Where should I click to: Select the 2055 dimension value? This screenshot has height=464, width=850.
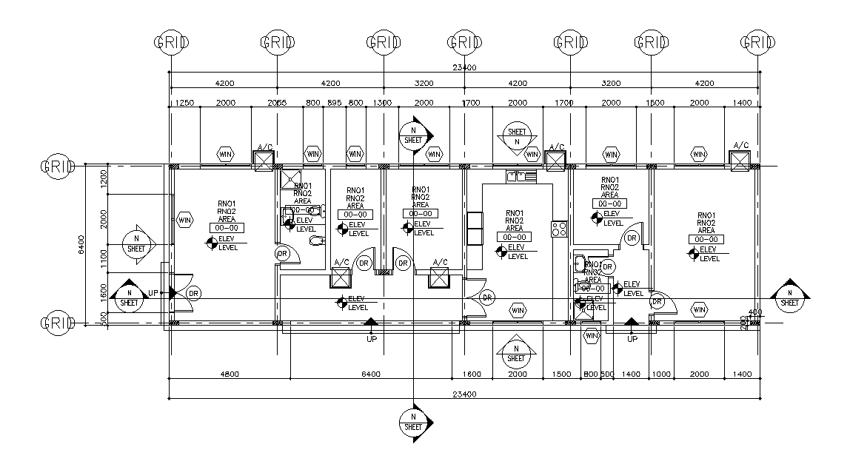point(276,103)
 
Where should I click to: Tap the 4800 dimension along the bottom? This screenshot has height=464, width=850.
point(230,374)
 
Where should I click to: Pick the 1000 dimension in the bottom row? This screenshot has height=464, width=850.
point(661,374)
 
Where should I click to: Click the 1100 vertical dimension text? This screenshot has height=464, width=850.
point(104,258)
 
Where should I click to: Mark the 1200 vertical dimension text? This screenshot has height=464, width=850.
point(104,178)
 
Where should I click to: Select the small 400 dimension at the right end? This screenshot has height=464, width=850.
point(754,312)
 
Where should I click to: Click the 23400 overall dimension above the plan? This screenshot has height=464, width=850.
point(464,67)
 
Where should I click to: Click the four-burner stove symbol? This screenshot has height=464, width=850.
point(558,229)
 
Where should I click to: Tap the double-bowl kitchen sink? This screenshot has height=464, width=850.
point(521,176)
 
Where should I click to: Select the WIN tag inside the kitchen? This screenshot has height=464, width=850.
point(518,308)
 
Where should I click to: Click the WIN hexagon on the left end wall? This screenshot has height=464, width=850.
point(185,220)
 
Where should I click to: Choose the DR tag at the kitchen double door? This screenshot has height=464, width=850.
point(487,297)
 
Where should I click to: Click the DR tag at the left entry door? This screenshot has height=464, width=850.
point(193,293)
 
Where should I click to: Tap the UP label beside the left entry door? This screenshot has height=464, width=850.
point(153,293)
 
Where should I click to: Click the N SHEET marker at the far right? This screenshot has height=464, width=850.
point(790,297)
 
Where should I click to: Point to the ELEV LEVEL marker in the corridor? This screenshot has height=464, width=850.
point(352,303)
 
